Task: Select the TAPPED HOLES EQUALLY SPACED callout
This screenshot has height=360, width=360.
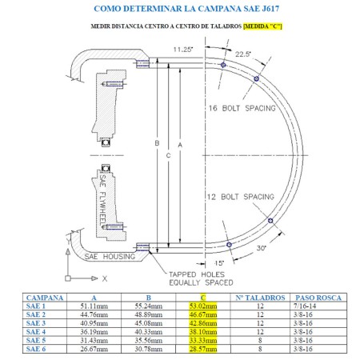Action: (x=197, y=277)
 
